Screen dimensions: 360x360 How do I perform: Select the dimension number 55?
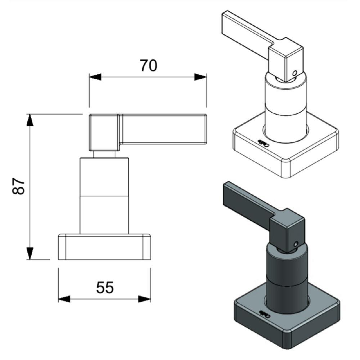pyautogui.click(x=105, y=287)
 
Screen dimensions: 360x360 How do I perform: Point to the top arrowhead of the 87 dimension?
pyautogui.click(x=30, y=120)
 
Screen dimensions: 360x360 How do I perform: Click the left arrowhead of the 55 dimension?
pyautogui.click(x=64, y=299)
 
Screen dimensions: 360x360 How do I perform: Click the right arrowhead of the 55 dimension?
pyautogui.click(x=144, y=299)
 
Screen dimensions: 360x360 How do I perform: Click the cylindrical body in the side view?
pyautogui.click(x=104, y=194)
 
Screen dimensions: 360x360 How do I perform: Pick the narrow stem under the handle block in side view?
pyautogui.click(x=104, y=154)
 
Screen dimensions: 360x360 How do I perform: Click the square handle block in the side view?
pyautogui.click(x=104, y=132)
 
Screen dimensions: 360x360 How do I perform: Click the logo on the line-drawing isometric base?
pyautogui.click(x=263, y=143)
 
